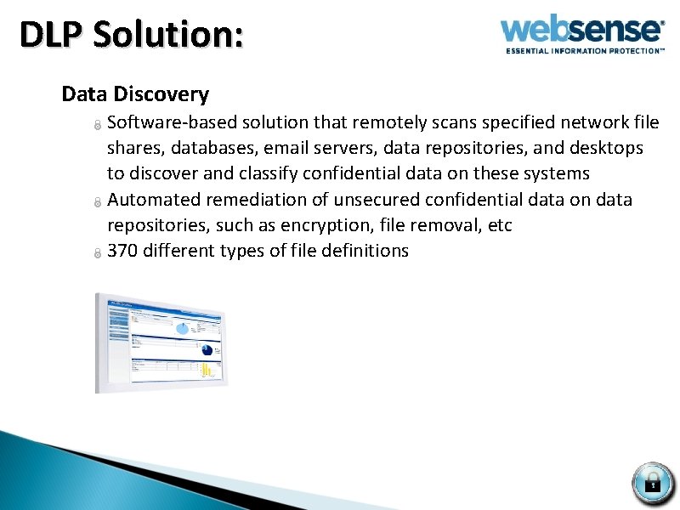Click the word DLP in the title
(x=51, y=36)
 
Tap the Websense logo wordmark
(x=581, y=30)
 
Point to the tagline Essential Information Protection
(x=585, y=51)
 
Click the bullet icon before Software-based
(x=98, y=125)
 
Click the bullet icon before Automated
(x=98, y=202)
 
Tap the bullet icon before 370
(x=98, y=253)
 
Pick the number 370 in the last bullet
(x=123, y=251)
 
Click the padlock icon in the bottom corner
(x=653, y=483)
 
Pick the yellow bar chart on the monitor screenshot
(x=207, y=369)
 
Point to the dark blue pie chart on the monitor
(x=206, y=348)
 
